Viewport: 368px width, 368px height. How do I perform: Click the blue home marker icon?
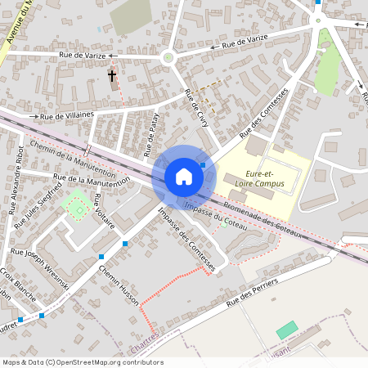184,177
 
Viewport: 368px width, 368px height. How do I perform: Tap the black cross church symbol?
111,76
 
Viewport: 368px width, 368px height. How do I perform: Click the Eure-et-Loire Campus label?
266,178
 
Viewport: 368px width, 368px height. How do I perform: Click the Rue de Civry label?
196,107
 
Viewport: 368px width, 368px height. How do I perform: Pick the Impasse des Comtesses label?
187,239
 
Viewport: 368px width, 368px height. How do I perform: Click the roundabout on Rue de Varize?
170,57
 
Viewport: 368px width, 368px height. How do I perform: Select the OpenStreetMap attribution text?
83,362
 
